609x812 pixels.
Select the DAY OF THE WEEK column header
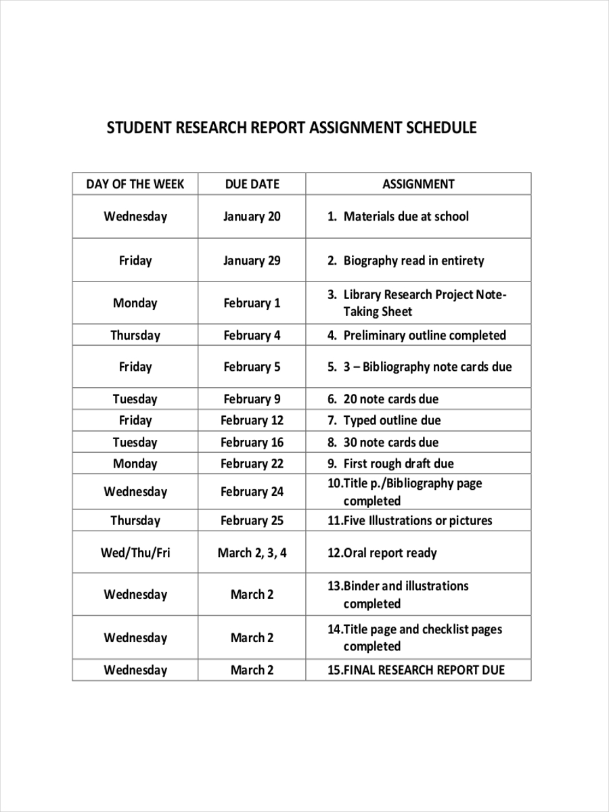pyautogui.click(x=135, y=184)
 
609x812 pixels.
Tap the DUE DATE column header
pyautogui.click(x=252, y=184)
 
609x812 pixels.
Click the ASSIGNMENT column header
pyautogui.click(x=418, y=184)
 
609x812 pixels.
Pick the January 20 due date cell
pyautogui.click(x=252, y=217)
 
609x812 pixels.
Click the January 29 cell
pyautogui.click(x=252, y=261)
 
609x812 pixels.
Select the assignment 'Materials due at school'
pyautogui.click(x=405, y=217)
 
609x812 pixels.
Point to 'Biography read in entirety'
pyautogui.click(x=413, y=261)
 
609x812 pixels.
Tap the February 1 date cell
pyautogui.click(x=252, y=303)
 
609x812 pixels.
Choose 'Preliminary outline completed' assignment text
pyautogui.click(x=424, y=335)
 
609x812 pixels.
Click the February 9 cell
pyautogui.click(x=252, y=399)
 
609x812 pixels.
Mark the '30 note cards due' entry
pyautogui.click(x=390, y=443)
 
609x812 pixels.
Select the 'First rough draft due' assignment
pyautogui.click(x=399, y=464)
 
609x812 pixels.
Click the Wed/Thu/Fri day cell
pyautogui.click(x=135, y=553)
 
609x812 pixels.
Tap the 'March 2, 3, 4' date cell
pyautogui.click(x=252, y=553)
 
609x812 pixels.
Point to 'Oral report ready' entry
pyautogui.click(x=390, y=553)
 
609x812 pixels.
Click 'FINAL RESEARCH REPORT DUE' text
pyautogui.click(x=424, y=670)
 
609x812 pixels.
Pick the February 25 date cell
pyautogui.click(x=252, y=520)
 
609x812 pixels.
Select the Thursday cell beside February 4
pyautogui.click(x=135, y=335)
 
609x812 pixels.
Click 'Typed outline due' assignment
pyautogui.click(x=392, y=420)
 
